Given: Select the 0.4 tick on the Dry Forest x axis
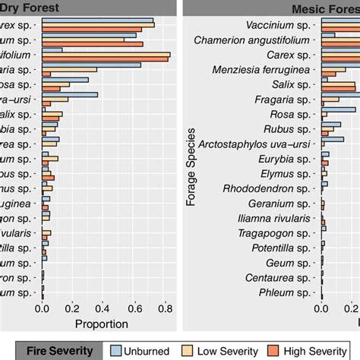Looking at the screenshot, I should click(104, 308).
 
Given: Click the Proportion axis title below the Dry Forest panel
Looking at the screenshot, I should click(101, 324).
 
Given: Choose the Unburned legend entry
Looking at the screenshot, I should click(143, 350).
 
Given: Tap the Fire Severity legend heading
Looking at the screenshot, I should click(60, 350).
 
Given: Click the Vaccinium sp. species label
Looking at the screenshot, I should click(278, 26).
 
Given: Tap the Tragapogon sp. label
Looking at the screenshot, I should click(275, 232).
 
